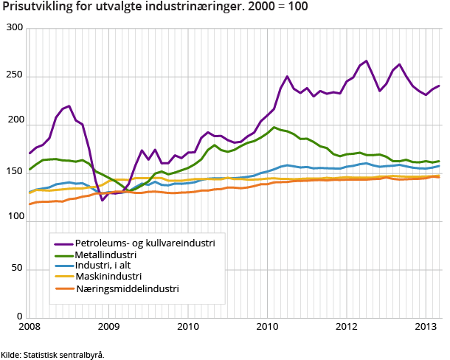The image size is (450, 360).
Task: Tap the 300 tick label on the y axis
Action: click(15, 28)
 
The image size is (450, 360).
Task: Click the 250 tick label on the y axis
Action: click(15, 76)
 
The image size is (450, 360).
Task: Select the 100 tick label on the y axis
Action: click(15, 173)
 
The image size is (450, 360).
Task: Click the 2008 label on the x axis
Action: click(29, 327)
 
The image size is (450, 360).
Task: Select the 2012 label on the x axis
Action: click(347, 327)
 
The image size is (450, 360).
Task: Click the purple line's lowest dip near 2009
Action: click(103, 200)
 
